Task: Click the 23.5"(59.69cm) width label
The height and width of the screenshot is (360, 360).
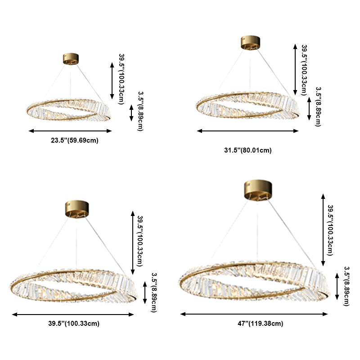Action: click(x=74, y=140)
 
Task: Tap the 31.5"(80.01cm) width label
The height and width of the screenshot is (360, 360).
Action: click(x=248, y=150)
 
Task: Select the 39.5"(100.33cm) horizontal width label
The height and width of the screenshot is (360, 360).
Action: click(x=74, y=323)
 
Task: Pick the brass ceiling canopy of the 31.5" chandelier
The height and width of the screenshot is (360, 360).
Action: click(x=251, y=42)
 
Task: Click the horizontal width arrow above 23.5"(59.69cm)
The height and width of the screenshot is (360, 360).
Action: click(x=70, y=131)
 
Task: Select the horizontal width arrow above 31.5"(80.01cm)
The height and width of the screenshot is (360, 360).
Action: click(x=248, y=131)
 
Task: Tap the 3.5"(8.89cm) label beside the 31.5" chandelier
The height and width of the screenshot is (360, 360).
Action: click(x=318, y=107)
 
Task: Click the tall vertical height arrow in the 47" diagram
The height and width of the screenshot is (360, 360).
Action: click(x=323, y=229)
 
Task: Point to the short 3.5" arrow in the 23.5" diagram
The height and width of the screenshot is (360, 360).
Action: click(x=131, y=112)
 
